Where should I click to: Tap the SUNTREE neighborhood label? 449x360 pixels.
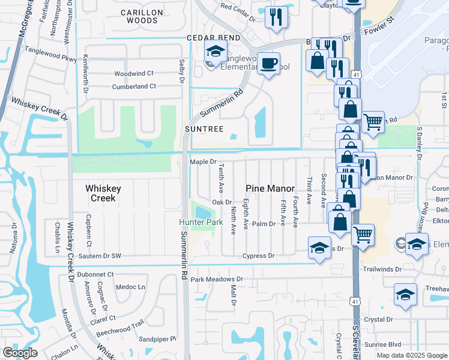click(x=203, y=129)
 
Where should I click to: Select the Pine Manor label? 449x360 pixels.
click(x=270, y=188)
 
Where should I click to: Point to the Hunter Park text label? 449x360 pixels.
click(x=201, y=222)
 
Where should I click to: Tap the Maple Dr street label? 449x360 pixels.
click(x=203, y=162)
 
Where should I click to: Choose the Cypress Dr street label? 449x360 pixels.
click(x=258, y=256)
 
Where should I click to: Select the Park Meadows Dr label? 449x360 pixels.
click(x=217, y=279)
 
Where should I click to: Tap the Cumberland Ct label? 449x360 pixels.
click(x=134, y=86)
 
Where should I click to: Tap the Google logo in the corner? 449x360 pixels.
click(x=20, y=353)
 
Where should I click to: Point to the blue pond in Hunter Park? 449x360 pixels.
click(x=202, y=212)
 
